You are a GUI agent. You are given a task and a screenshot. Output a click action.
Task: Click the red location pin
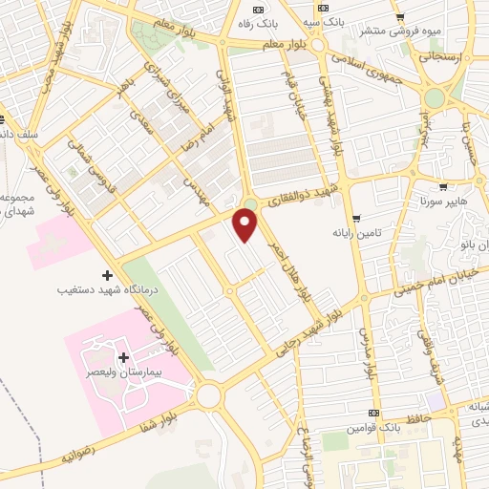(246, 225)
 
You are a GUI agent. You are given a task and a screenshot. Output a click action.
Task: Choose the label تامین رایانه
(358, 233)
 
